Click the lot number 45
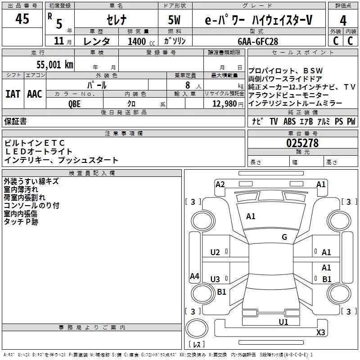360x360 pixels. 22,19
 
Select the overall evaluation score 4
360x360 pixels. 343,20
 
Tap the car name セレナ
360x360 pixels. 116,20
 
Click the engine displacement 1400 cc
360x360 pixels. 139,41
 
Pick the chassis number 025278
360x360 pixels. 302,143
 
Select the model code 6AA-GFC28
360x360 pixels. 258,41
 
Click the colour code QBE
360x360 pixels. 75,103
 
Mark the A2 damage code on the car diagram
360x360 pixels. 220,184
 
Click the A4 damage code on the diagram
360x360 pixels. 194,276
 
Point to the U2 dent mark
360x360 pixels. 216,252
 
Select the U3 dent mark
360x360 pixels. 216,279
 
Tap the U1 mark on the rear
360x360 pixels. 283,322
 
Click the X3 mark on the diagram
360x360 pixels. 321,333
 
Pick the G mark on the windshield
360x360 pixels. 284,237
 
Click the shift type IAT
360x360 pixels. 13,94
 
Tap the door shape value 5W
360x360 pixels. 175,20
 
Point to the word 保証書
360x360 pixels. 16,121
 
